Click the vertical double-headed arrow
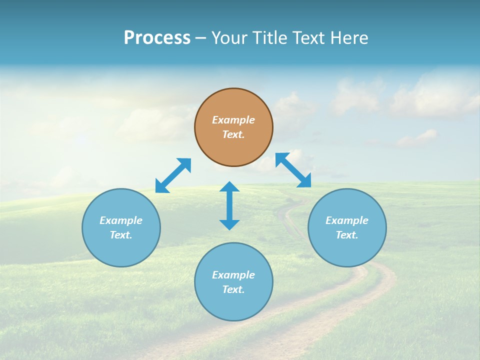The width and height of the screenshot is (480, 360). click(229, 205)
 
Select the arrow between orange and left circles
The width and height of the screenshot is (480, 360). click(173, 175)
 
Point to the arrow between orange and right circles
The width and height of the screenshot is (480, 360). click(293, 170)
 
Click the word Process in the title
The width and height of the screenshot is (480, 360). click(157, 38)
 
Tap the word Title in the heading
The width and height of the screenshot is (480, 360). click(270, 38)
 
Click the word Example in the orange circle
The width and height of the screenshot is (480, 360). click(233, 120)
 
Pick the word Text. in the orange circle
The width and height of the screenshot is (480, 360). click(233, 134)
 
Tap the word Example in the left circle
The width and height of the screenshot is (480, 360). click(121, 220)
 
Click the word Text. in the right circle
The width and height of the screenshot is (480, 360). click(347, 235)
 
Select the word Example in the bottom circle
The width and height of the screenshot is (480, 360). click(233, 275)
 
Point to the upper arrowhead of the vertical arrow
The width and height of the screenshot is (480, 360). click(229, 186)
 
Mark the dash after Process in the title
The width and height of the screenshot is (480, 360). click(201, 38)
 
